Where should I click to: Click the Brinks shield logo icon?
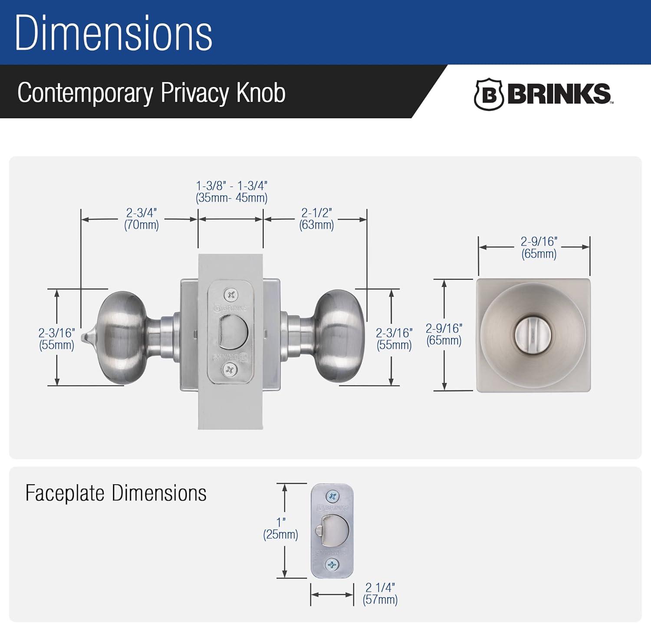point(488,94)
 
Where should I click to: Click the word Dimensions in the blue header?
point(114,33)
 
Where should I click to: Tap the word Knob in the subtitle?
point(261,92)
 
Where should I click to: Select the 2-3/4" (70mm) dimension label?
point(141,219)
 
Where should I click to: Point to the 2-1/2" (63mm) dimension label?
point(316,219)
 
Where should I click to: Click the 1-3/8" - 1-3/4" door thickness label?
point(231,191)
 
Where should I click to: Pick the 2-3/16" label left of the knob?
point(56,339)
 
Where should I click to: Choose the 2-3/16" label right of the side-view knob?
point(394,339)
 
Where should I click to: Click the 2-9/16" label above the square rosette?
point(539,247)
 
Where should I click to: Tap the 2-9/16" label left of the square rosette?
point(444,334)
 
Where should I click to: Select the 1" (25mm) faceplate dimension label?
point(281,528)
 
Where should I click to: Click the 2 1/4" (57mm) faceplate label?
point(380,593)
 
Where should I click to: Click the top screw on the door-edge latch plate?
point(230,296)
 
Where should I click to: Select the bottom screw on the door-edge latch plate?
point(230,370)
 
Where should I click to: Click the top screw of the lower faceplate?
point(332,496)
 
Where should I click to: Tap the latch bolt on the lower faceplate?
point(334,531)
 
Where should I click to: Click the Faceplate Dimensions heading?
point(116,493)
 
